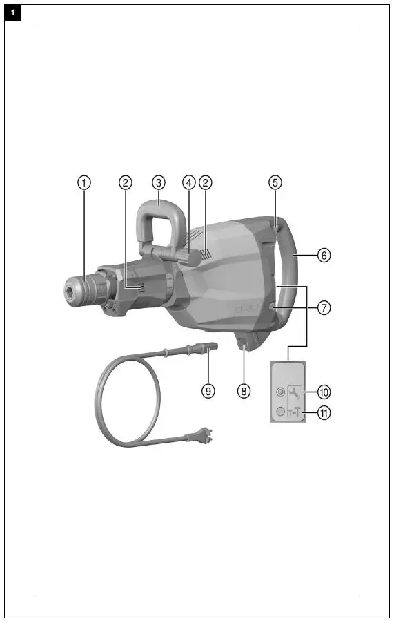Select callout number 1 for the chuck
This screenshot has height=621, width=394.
tap(83, 182)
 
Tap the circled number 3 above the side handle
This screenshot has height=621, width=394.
tap(159, 182)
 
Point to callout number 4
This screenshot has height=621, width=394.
tap(188, 182)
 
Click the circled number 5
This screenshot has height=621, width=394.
tap(275, 182)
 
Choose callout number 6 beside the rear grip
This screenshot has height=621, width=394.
tap(324, 255)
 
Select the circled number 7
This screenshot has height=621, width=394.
tap(324, 308)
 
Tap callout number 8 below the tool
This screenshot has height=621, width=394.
tap(244, 391)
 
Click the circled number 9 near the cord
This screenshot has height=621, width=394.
tap(208, 391)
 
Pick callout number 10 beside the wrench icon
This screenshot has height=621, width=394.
tap(324, 392)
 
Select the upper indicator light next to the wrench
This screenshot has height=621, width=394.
tap(279, 392)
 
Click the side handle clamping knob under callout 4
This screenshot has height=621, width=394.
tap(189, 257)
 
